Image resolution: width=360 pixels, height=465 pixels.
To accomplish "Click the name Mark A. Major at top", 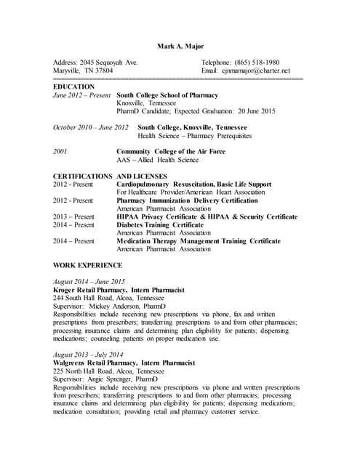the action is pyautogui.click(x=180, y=46).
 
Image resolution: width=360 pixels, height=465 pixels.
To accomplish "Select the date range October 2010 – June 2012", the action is pyautogui.click(x=91, y=127).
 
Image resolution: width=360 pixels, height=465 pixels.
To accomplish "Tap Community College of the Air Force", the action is pyautogui.click(x=171, y=151).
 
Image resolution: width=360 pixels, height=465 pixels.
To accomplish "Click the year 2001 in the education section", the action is pyautogui.click(x=61, y=151).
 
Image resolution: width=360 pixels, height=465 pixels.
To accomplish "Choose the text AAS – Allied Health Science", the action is pyautogui.click(x=157, y=160).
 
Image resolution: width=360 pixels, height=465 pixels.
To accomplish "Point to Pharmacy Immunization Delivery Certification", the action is pyautogui.click(x=187, y=201).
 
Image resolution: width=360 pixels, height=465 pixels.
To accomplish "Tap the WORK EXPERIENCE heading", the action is pyautogui.click(x=88, y=265).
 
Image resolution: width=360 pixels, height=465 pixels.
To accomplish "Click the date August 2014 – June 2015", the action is pyautogui.click(x=89, y=281).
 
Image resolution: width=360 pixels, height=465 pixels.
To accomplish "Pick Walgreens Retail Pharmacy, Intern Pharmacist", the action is pyautogui.click(x=124, y=362).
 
